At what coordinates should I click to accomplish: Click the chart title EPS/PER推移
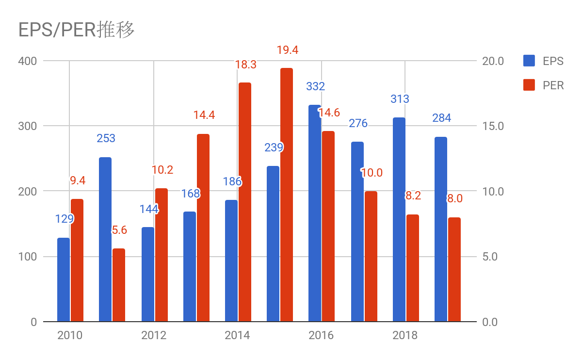[x=76, y=30]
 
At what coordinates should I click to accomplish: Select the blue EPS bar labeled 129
[x=64, y=279]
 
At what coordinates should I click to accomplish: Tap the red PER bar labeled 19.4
[x=287, y=195]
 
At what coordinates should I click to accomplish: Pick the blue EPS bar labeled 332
[x=315, y=213]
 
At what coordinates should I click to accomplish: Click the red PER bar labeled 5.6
[x=119, y=285]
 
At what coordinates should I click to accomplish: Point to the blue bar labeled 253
[x=105, y=239]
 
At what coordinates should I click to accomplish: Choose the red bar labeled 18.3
[x=245, y=202]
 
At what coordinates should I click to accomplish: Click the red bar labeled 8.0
[x=454, y=269]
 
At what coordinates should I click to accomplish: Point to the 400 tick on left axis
[x=27, y=61]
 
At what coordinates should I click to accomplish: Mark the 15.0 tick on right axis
[x=493, y=126]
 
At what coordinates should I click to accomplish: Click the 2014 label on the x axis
[x=237, y=335]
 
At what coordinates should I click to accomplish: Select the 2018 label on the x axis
[x=405, y=335]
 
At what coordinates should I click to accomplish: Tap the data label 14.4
[x=204, y=115]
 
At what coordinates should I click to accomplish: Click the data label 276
[x=358, y=123]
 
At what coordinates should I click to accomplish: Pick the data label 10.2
[x=162, y=170]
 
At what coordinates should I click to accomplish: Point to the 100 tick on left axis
[x=27, y=257]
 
